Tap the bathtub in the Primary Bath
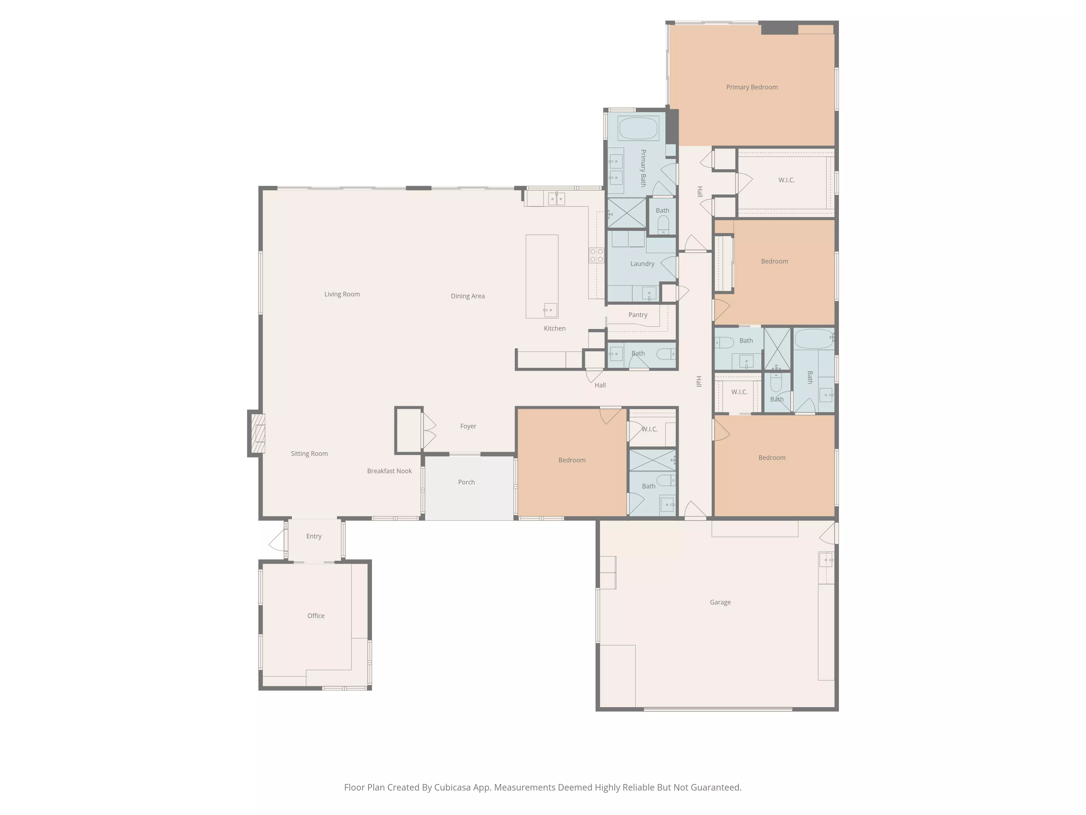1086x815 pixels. [638, 129]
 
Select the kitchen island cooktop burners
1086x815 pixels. [596, 255]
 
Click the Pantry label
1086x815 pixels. [638, 315]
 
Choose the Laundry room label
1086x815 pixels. [642, 264]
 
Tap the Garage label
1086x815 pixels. [720, 602]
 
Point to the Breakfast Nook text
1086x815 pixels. [389, 471]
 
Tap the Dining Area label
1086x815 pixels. [468, 296]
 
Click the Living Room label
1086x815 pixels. [342, 294]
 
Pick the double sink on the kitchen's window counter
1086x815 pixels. [556, 199]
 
